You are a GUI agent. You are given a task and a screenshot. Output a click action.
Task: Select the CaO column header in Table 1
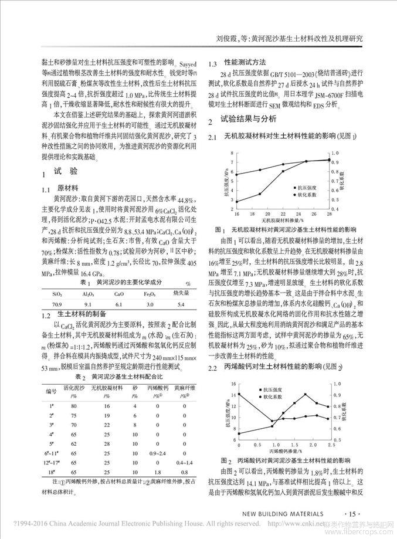(x=118, y=293)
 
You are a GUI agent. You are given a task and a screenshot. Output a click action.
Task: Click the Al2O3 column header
(x=88, y=293)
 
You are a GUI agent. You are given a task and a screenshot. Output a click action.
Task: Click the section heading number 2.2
(x=214, y=367)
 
